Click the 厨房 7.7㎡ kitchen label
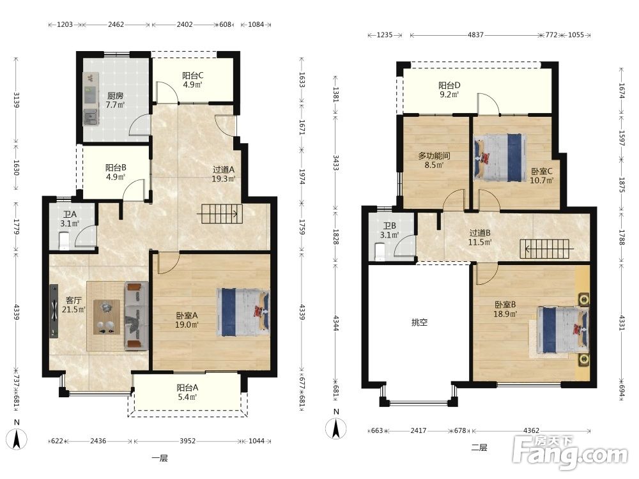click(115, 100)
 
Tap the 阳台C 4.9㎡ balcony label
click(192, 80)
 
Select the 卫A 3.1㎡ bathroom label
click(70, 218)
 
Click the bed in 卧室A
click(243, 312)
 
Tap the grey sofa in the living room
click(136, 316)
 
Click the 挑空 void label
click(419, 323)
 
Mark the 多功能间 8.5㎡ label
click(434, 160)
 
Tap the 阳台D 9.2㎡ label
click(449, 89)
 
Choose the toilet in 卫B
click(380, 251)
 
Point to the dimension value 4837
click(475, 35)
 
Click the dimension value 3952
click(187, 441)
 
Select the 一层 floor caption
click(159, 458)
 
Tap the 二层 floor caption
click(479, 448)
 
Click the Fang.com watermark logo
click(571, 452)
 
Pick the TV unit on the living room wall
click(54, 311)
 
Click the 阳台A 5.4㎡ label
click(187, 392)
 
